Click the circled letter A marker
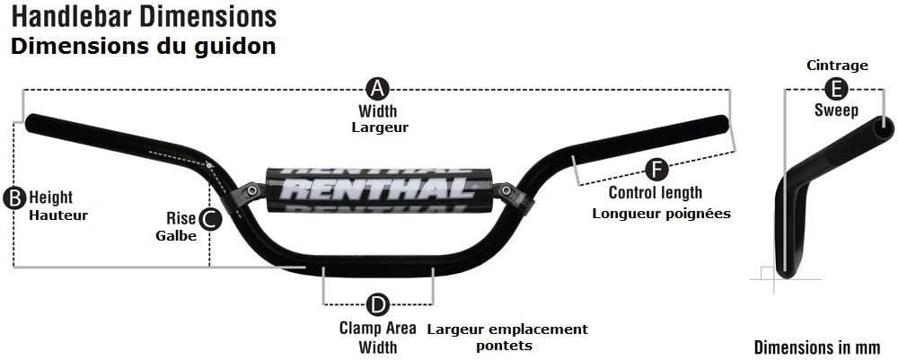click(377, 89)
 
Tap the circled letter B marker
click(13, 198)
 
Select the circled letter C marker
click(209, 218)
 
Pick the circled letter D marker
click(377, 304)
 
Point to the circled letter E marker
click(835, 89)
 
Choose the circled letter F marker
click(656, 169)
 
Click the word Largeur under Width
click(380, 127)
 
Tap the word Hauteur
click(57, 215)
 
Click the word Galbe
click(176, 236)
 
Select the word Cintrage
click(837, 66)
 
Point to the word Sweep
click(836, 110)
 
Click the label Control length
click(656, 192)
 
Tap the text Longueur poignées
click(662, 214)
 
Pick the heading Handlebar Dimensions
click(144, 17)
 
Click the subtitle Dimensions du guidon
click(143, 47)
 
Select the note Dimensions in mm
click(816, 347)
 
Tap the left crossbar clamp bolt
click(250, 191)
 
